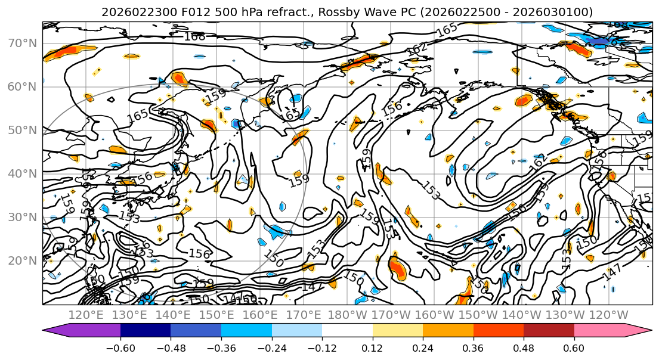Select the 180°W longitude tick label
coord(348,315)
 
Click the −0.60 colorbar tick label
coord(120,347)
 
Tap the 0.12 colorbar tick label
coord(373,347)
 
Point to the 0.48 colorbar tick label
coord(524,347)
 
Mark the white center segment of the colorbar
coord(347,331)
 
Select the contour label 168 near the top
coord(194,37)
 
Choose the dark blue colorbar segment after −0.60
coord(146,331)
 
